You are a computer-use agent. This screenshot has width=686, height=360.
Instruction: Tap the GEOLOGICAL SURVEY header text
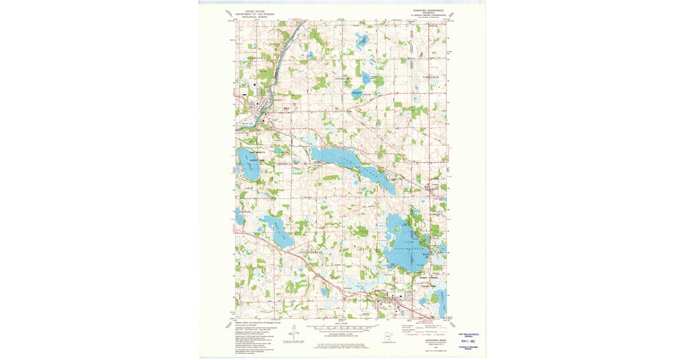coord(254,17)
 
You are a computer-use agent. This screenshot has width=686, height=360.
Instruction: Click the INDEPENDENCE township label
coord(312,251)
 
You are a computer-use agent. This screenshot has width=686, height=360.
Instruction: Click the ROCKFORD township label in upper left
coord(256,58)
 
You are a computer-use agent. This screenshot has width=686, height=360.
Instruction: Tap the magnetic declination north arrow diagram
coord(293,332)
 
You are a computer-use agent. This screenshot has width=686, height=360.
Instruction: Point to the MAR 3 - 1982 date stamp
coord(467,345)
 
